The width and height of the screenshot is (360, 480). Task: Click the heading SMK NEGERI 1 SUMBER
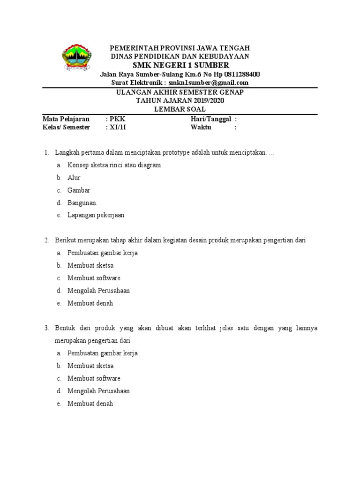[180, 65]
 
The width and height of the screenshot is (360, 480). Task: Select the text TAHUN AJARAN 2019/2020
[180, 101]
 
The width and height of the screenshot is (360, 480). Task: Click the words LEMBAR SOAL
[180, 109]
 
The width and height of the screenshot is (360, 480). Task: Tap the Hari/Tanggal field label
[211, 119]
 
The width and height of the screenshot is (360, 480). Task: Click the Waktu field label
[201, 127]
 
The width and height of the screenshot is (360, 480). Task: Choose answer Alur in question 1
[74, 178]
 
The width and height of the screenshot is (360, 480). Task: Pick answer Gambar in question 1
[79, 190]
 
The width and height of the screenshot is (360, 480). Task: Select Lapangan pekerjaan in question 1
[96, 215]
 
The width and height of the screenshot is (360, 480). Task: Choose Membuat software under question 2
[94, 278]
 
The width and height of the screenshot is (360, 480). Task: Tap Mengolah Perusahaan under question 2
[98, 291]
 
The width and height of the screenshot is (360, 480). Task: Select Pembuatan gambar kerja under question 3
[103, 353]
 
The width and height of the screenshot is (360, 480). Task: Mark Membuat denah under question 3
[90, 403]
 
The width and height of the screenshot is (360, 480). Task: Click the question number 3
[46, 328]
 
